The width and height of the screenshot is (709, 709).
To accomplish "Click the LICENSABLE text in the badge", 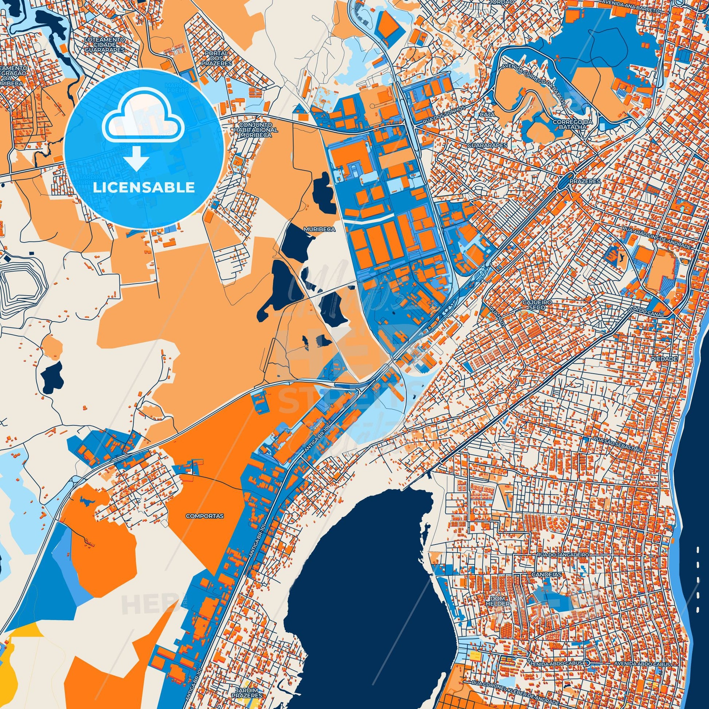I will tap(144, 188).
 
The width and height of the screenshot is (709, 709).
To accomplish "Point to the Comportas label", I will tap(205, 516).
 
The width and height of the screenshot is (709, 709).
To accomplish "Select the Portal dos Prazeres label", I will tap(216, 58).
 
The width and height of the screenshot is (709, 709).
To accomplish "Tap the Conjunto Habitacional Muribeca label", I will tap(256, 130).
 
